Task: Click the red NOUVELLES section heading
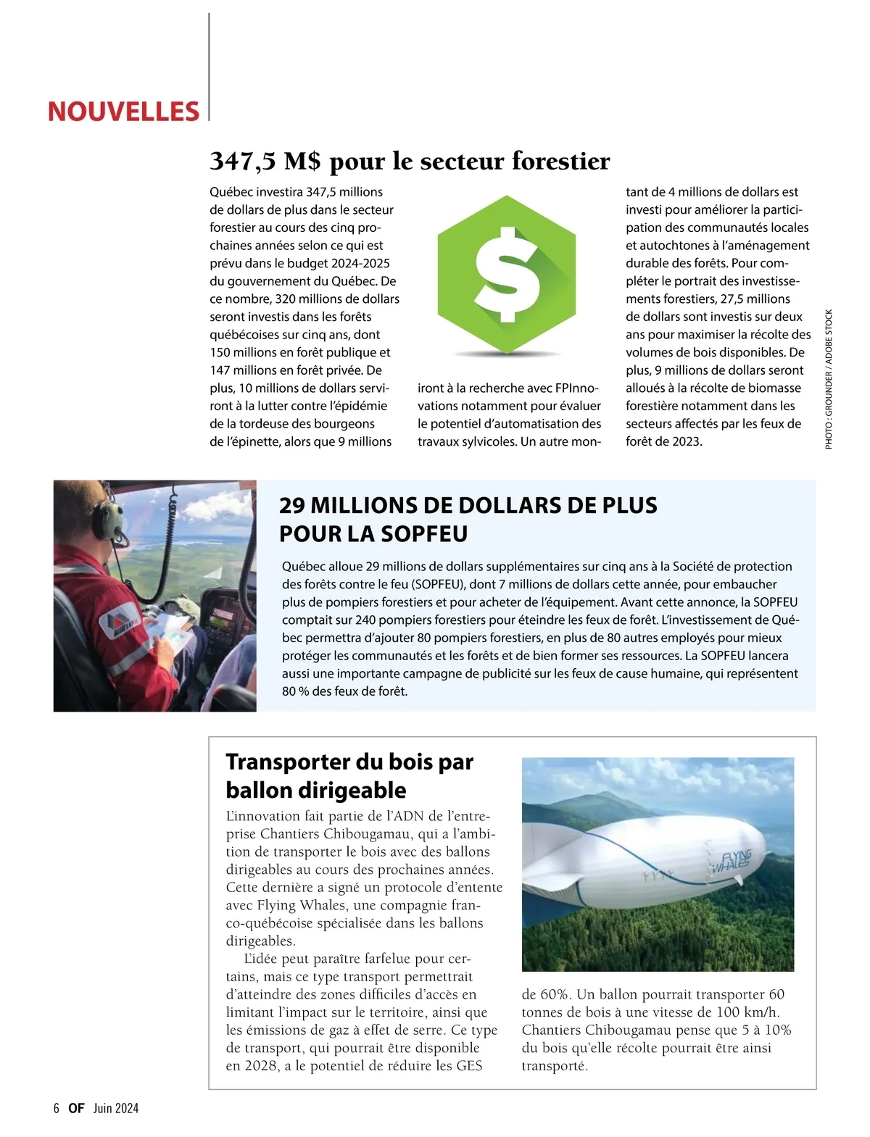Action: (123, 112)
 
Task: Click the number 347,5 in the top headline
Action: (243, 161)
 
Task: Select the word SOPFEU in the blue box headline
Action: (423, 534)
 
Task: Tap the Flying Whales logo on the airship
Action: (733, 861)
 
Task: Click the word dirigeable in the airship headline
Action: (358, 790)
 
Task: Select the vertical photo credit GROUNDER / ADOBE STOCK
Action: (829, 379)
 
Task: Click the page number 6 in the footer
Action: (57, 1108)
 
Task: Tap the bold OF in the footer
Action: (76, 1108)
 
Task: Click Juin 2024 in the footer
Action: (115, 1108)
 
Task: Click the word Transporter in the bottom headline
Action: (288, 762)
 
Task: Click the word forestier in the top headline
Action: (560, 161)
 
